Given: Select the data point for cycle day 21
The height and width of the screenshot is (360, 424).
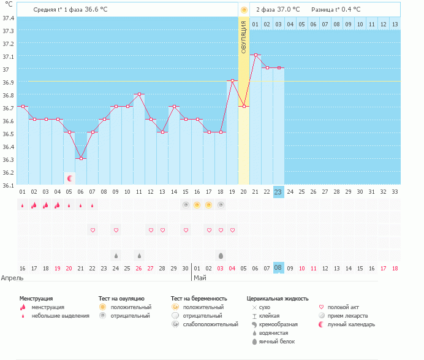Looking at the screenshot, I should [256, 55].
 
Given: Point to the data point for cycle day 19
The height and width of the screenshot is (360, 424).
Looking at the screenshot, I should [232, 80].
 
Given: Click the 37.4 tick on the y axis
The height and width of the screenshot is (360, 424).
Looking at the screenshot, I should [9, 18].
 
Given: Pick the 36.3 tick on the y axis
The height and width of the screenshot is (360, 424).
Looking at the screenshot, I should [9, 159].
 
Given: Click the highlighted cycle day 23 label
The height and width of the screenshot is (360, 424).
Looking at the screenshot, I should [278, 192].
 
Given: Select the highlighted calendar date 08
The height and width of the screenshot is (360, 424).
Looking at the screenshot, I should [278, 268].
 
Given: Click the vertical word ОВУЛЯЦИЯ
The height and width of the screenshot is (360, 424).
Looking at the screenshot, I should [243, 37].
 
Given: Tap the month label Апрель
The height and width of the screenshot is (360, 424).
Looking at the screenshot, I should [13, 278].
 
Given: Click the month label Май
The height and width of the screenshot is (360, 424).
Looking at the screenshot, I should [200, 278].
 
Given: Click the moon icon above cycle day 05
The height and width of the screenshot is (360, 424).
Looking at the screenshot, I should [70, 178].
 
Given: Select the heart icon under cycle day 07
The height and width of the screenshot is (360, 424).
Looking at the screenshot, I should [93, 230].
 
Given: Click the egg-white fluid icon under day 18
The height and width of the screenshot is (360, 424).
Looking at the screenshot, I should [221, 255].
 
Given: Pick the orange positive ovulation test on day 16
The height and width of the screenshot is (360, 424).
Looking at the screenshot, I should [197, 205].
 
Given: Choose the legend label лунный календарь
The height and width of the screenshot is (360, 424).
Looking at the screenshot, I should [351, 324].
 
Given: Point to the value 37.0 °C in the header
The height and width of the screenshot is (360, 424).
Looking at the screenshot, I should [287, 10].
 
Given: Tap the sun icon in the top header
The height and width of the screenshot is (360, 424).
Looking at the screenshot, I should [244, 10].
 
